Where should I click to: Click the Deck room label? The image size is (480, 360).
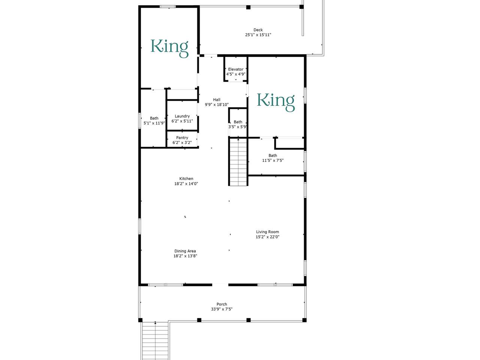[258, 30]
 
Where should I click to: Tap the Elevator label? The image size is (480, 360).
[236, 69]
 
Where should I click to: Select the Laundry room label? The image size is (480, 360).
[182, 116]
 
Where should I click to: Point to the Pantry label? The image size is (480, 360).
[182, 138]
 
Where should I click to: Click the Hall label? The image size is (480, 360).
[217, 100]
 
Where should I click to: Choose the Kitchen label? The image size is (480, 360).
[186, 178]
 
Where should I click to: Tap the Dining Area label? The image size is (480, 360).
[185, 251]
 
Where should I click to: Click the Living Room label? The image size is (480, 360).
[268, 232]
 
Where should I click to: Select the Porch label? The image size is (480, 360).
[222, 304]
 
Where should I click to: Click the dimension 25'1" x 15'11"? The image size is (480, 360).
[258, 35]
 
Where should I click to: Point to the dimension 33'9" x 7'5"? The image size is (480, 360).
[222, 309]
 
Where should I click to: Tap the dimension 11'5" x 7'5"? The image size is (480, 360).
[273, 160]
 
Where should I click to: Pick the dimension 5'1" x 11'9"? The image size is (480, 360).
[154, 123]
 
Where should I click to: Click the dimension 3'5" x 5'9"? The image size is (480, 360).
[238, 127]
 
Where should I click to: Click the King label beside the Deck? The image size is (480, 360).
[169, 48]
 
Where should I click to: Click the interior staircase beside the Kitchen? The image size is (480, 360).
[238, 162]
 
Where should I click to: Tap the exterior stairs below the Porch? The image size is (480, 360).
[155, 341]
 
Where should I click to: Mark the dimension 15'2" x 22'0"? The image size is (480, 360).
[268, 237]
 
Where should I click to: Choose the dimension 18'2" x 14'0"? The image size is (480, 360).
[186, 184]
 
